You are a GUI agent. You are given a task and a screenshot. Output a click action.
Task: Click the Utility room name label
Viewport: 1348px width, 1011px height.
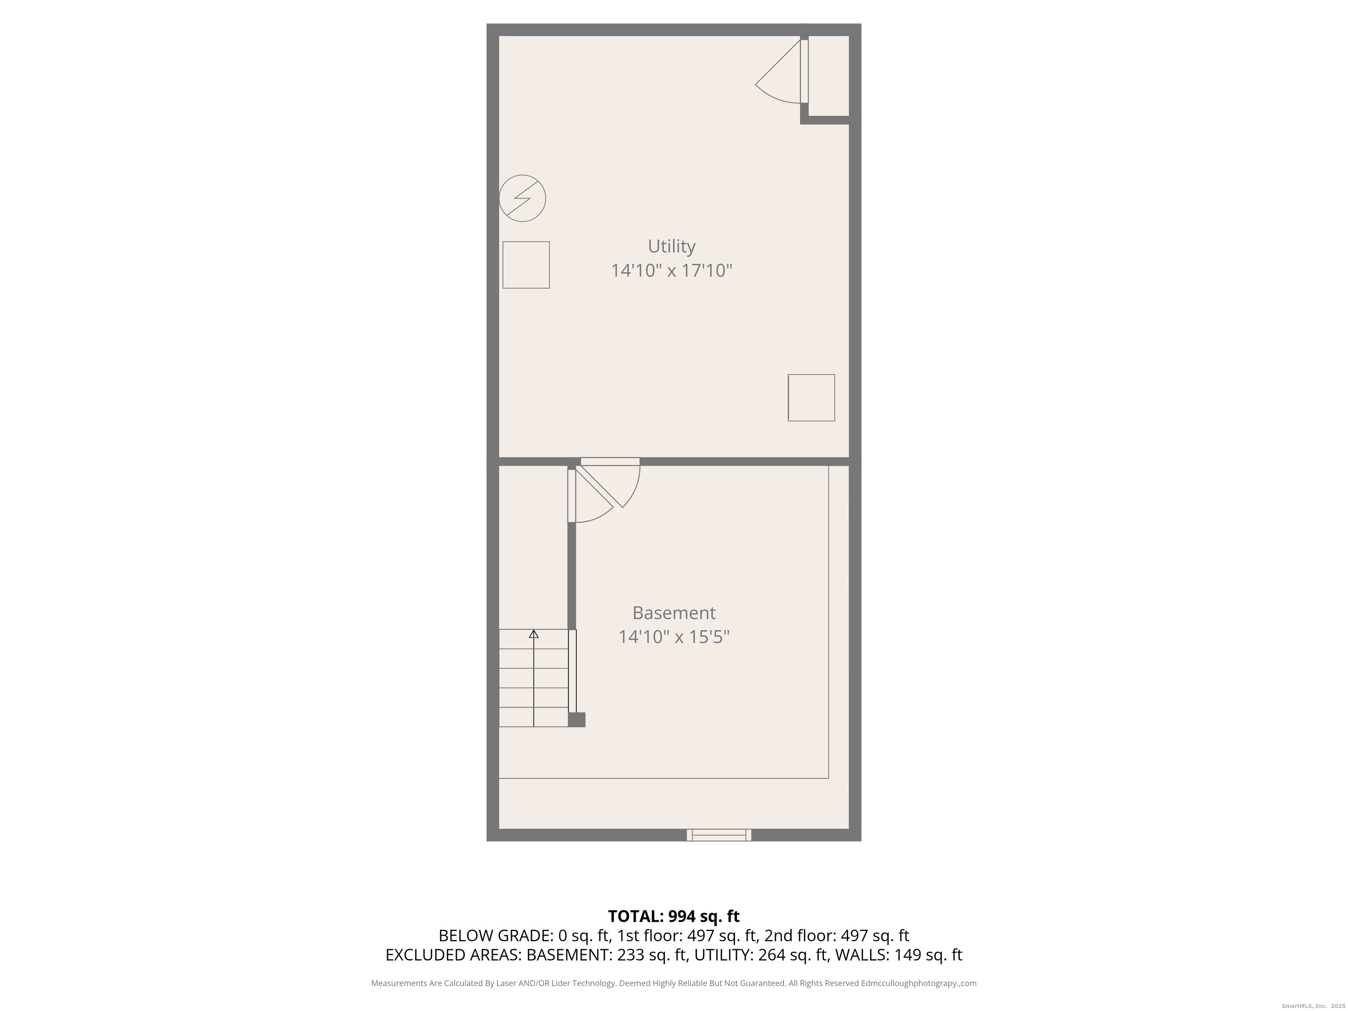[x=671, y=246]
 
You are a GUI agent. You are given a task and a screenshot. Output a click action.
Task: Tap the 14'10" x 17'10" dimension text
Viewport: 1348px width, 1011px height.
[x=671, y=271]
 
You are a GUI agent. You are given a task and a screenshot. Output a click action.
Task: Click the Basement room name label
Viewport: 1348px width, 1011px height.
[x=674, y=613]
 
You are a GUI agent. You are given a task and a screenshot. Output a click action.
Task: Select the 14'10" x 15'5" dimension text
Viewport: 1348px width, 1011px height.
[x=674, y=637]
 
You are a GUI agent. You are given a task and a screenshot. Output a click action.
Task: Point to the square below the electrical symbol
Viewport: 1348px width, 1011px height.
[x=526, y=265]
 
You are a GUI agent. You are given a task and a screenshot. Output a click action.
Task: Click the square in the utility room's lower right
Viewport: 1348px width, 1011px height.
[x=811, y=398]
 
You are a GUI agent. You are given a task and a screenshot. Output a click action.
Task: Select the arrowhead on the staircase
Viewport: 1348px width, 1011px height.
[x=534, y=634]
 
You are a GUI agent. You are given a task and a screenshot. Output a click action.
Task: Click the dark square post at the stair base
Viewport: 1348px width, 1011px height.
[x=577, y=720]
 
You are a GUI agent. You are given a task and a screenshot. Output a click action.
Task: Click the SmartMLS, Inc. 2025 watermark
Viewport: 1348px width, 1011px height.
[x=1313, y=1006]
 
